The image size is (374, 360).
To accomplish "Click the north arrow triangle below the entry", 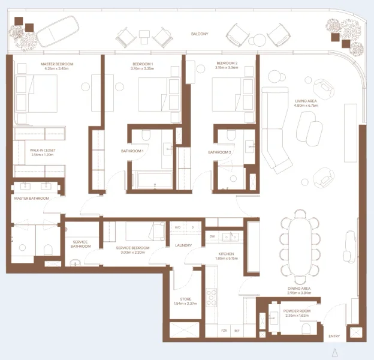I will click(x=335, y=352).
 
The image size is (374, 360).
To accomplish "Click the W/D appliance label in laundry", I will click(x=177, y=228).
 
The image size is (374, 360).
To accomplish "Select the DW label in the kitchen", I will click(x=212, y=236).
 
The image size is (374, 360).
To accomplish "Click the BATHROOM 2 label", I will click(x=219, y=152).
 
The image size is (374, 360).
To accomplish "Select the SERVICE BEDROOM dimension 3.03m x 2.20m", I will click(x=123, y=253).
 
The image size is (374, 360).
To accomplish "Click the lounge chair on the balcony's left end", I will click(x=59, y=31).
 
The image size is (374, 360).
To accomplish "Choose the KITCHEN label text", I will click(x=226, y=254).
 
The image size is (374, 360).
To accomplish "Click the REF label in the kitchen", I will click(x=237, y=331).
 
